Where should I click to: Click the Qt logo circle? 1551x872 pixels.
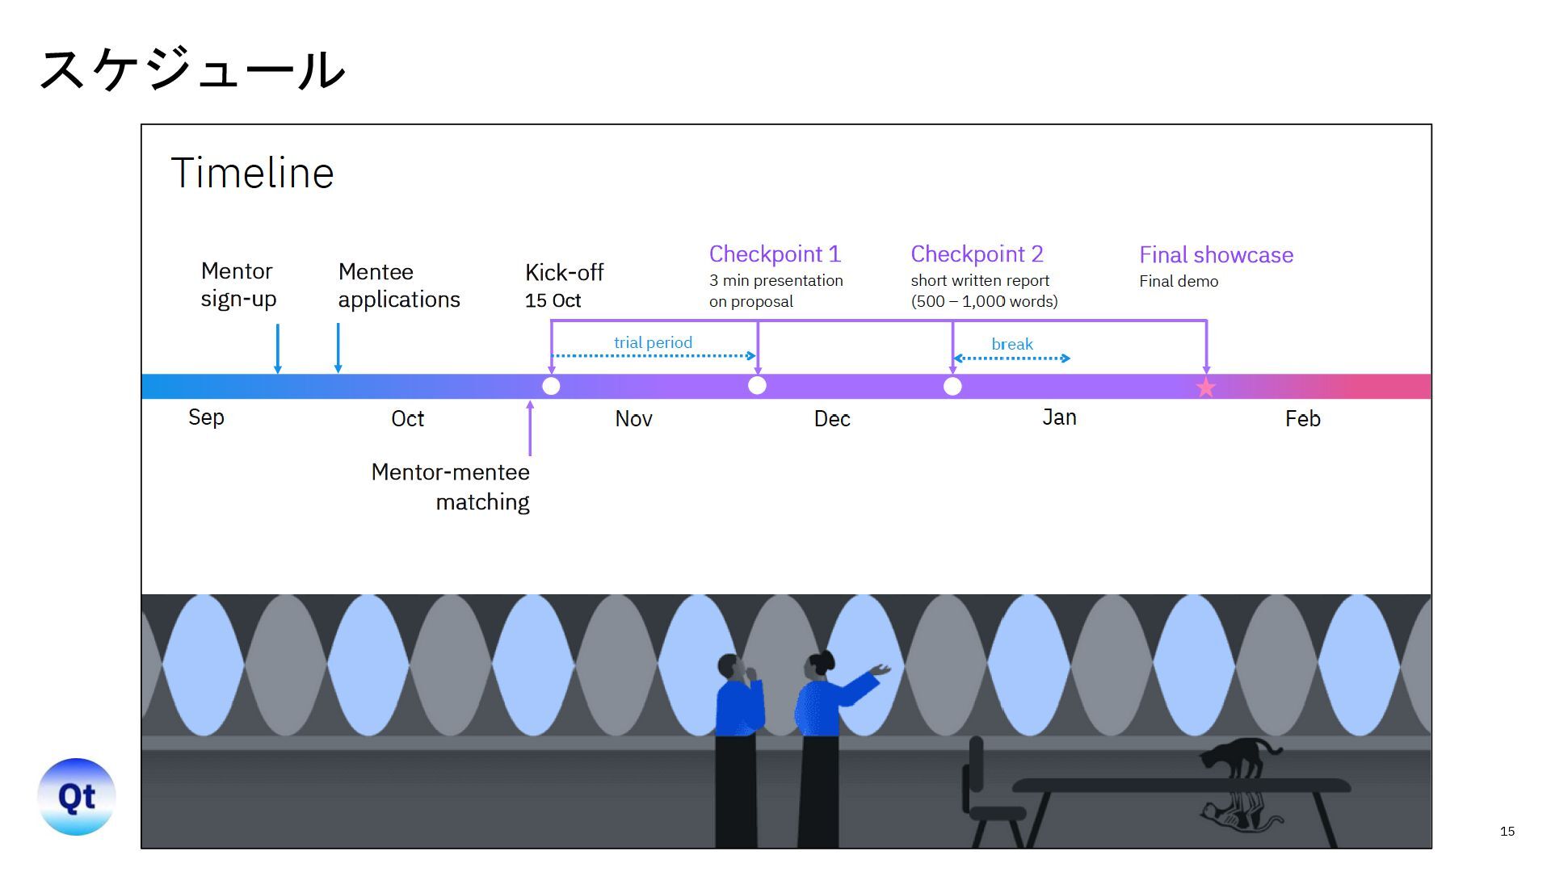tap(77, 797)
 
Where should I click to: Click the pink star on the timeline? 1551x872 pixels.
tap(1205, 388)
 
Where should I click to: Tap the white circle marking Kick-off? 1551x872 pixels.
tap(551, 386)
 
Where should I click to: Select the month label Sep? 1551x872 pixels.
tap(206, 417)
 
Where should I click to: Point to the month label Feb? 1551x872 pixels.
tap(1302, 419)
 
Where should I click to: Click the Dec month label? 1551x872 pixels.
tap(832, 419)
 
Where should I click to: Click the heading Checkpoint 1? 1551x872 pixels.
tap(775, 254)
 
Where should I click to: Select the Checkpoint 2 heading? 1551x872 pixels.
tap(977, 254)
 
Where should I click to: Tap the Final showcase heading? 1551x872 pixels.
tap(1216, 255)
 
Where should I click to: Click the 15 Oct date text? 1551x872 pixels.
tap(553, 301)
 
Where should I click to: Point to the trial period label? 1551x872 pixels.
tap(653, 342)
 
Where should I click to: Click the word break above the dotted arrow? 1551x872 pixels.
tap(1011, 345)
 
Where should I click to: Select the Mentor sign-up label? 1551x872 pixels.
tap(238, 285)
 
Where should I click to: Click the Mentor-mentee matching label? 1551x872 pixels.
tap(451, 487)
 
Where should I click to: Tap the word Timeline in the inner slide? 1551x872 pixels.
tap(252, 173)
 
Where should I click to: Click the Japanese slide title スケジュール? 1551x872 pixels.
tap(192, 69)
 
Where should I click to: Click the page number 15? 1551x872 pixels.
tap(1507, 832)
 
